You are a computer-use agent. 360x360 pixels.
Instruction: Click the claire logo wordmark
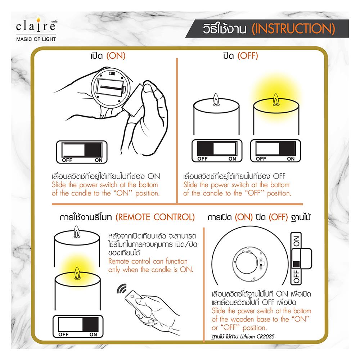click(x=36, y=26)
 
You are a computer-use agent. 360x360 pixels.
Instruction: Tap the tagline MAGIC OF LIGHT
click(x=36, y=39)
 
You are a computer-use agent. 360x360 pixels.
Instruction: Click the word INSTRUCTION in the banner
click(x=293, y=29)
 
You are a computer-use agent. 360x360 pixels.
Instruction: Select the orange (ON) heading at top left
click(x=116, y=56)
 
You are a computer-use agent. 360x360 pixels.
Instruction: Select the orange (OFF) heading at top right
click(x=248, y=56)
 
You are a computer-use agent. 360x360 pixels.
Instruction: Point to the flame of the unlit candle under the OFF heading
click(x=216, y=99)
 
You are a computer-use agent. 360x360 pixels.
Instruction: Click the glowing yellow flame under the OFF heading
click(x=276, y=99)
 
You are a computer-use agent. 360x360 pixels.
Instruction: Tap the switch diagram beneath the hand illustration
click(x=82, y=152)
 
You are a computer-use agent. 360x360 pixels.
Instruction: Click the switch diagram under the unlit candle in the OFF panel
click(x=217, y=151)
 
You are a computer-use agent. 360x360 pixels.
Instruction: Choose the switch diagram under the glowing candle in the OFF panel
click(x=275, y=151)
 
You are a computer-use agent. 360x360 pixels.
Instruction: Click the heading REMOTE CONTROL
click(x=155, y=217)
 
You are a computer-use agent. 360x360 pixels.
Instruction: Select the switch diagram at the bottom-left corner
click(x=78, y=326)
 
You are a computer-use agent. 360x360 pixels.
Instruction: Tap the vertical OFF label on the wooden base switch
click(x=296, y=276)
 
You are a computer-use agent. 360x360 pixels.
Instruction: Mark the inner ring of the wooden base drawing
click(x=235, y=263)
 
